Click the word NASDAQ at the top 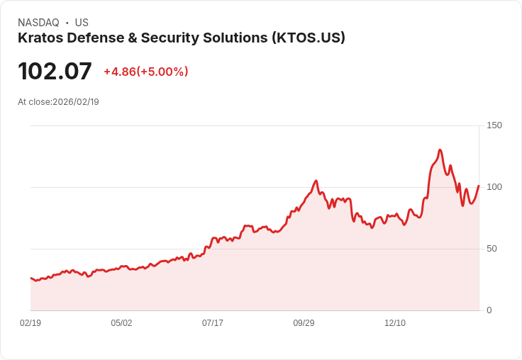coord(38,23)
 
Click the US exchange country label coord(82,23)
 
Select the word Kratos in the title coord(40,38)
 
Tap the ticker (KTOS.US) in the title coord(309,38)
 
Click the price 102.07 coord(55,72)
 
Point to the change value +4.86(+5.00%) coord(146,72)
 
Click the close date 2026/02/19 coord(76,102)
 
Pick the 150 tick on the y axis coord(494,125)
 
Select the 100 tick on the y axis coord(494,187)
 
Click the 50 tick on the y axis coord(492,249)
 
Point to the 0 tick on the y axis coord(489,310)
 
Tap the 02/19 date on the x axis coord(30,323)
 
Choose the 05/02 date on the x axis coord(121,323)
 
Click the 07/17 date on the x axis coord(213,323)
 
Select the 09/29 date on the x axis coord(304,323)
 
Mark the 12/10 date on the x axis coord(395,323)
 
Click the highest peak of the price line coord(440,150)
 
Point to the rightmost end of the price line coord(479,186)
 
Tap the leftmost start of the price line coord(30,278)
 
